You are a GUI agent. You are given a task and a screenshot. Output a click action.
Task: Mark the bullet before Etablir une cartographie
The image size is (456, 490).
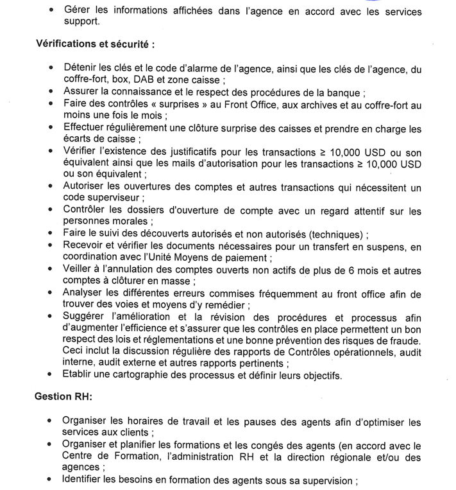(x=51, y=376)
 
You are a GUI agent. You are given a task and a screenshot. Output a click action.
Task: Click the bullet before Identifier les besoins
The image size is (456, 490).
(x=51, y=480)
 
